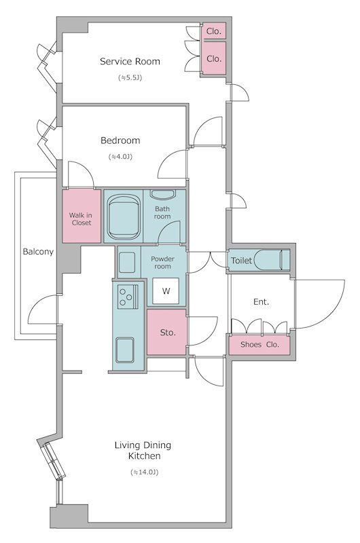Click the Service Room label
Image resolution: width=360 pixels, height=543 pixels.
[x=130, y=61]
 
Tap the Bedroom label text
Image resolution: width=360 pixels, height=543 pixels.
[x=120, y=141]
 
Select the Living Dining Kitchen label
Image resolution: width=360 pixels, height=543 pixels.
[x=143, y=450]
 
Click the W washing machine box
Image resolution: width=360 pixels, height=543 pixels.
[x=166, y=291]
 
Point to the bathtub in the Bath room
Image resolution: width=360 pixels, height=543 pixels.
[x=124, y=217]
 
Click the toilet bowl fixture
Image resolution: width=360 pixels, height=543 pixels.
[x=272, y=260]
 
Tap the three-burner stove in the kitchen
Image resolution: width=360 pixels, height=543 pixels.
[x=128, y=297]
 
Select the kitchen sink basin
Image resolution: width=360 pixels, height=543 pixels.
[x=125, y=350]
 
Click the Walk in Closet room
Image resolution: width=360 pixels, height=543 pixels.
[x=82, y=216]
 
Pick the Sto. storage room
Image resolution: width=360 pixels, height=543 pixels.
[x=167, y=332]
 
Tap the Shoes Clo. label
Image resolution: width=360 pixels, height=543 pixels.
[x=259, y=345]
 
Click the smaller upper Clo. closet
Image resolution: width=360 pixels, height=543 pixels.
[x=214, y=31]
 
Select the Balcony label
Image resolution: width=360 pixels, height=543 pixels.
[x=38, y=252]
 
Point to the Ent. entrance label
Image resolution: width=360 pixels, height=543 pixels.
[x=262, y=302]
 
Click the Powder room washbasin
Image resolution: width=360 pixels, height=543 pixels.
[x=127, y=262]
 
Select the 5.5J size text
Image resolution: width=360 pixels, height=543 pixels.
[x=130, y=77]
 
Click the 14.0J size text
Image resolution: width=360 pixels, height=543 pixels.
[x=145, y=472]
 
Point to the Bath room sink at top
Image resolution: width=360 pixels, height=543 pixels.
[x=162, y=194]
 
